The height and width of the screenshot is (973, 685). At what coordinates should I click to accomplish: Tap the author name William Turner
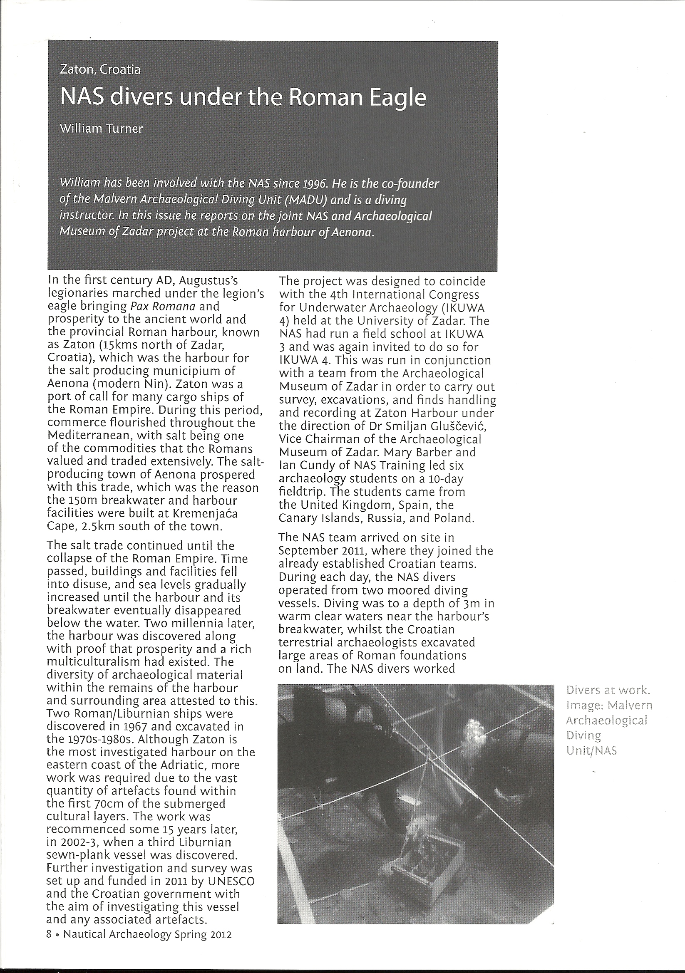[101, 129]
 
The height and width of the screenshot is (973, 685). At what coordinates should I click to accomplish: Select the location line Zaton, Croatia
[100, 69]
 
